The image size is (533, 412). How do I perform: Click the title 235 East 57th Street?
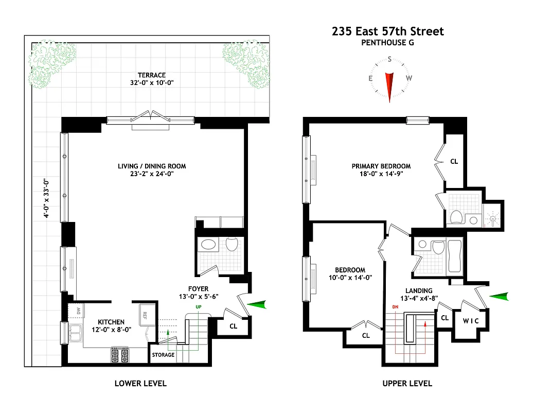388,31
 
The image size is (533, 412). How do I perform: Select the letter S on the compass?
389,59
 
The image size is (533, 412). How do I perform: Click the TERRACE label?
151,75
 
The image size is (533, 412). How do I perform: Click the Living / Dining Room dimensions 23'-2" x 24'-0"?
151,174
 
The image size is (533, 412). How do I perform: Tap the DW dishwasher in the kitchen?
79,311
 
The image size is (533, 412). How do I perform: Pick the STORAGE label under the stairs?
163,355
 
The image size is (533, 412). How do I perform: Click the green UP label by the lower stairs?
198,307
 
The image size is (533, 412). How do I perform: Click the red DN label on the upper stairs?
395,307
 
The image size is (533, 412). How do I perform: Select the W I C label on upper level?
470,321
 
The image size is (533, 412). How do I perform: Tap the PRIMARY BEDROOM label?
381,166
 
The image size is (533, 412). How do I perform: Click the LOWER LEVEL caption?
140,383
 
